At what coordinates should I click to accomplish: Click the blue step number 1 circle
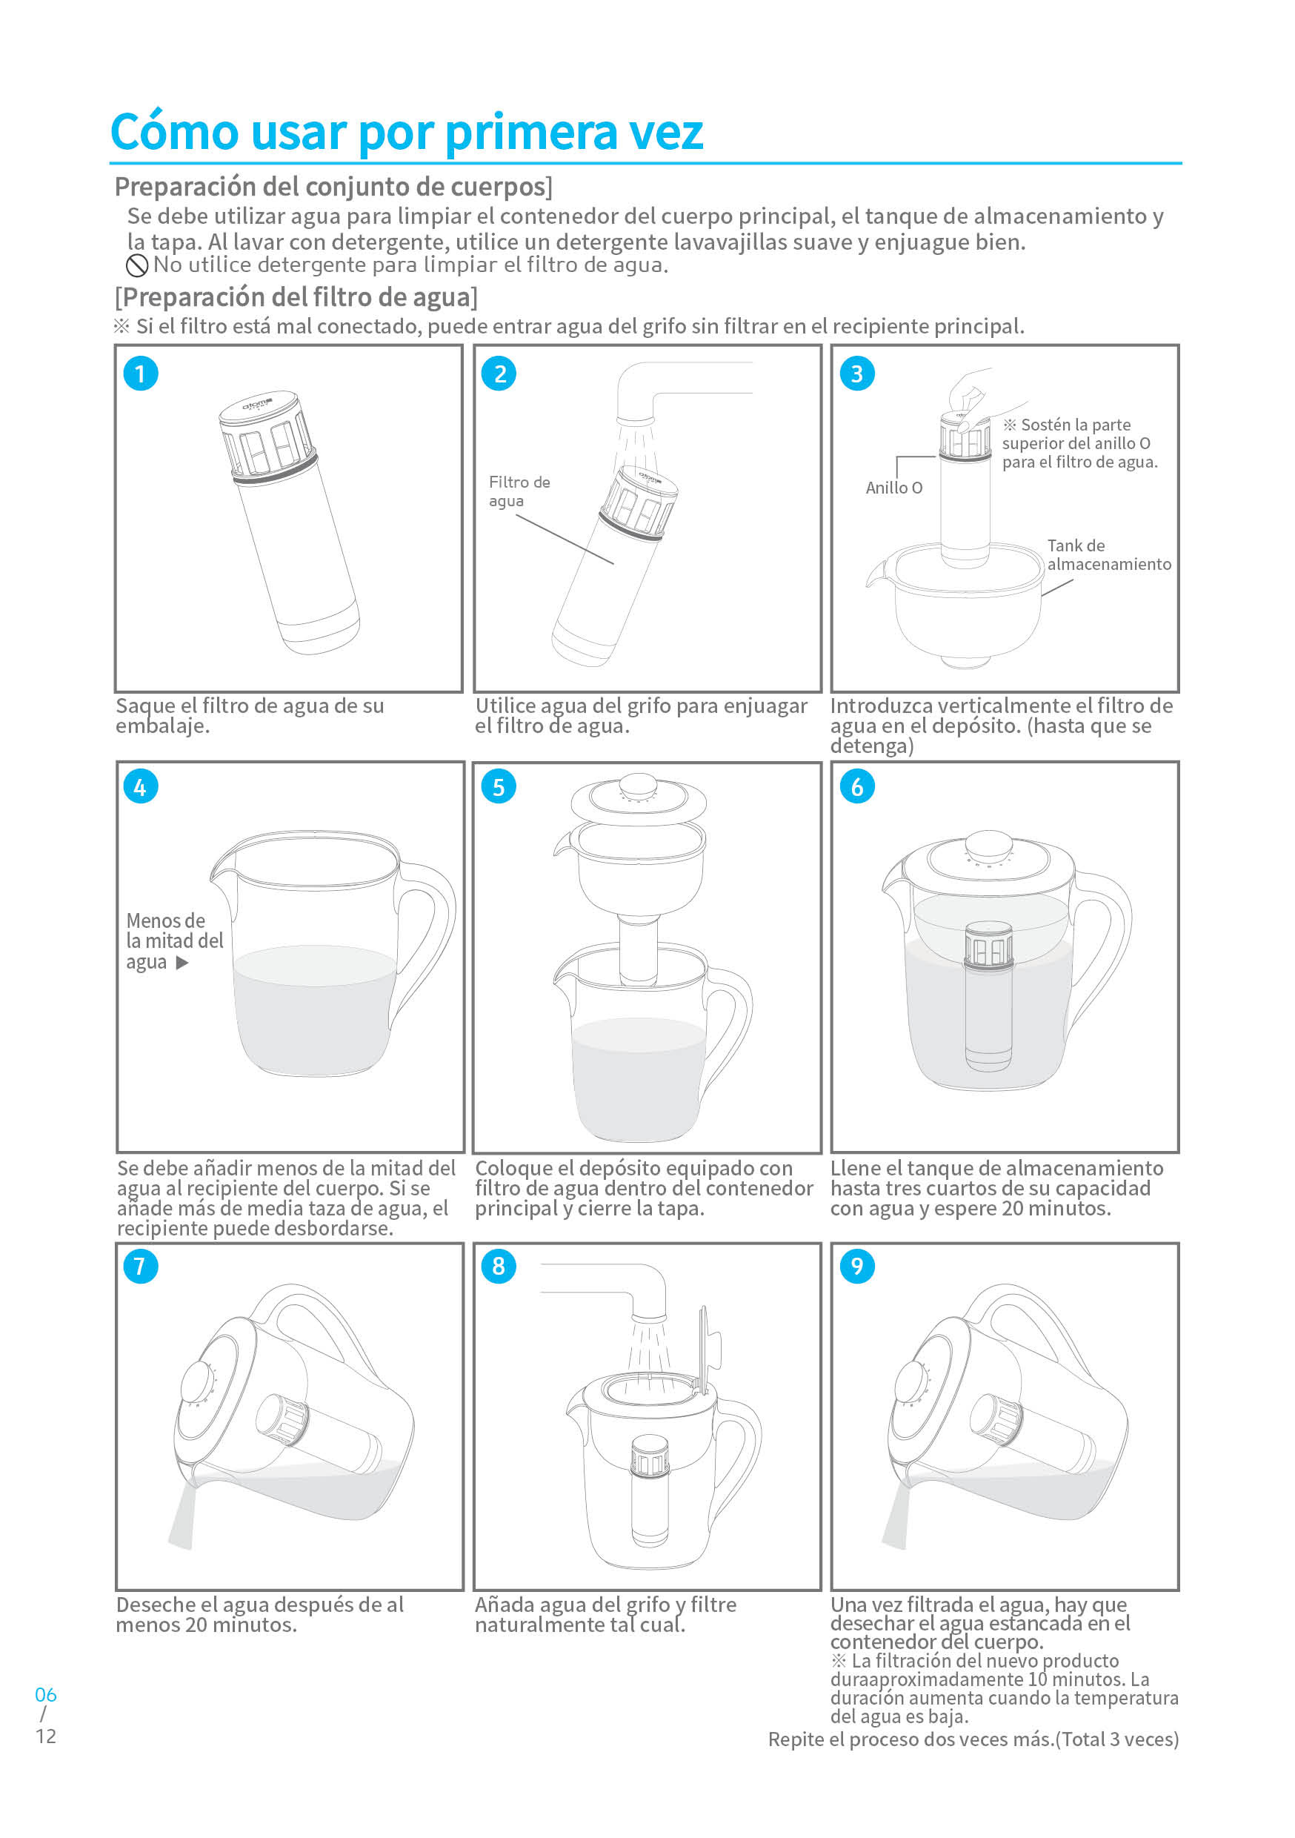[140, 374]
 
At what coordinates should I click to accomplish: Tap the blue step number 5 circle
[499, 787]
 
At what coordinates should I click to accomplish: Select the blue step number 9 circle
[857, 1267]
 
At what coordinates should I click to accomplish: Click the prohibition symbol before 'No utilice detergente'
[137, 266]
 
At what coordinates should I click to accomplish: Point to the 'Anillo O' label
[893, 488]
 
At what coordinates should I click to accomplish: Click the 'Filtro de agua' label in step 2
[519, 491]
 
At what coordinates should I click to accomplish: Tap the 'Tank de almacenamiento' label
[1108, 555]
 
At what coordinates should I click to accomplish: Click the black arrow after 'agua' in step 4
[182, 963]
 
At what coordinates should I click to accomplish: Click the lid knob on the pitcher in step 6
[989, 846]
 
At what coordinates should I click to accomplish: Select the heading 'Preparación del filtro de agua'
[296, 298]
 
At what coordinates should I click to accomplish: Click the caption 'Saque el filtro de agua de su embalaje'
[249, 716]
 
